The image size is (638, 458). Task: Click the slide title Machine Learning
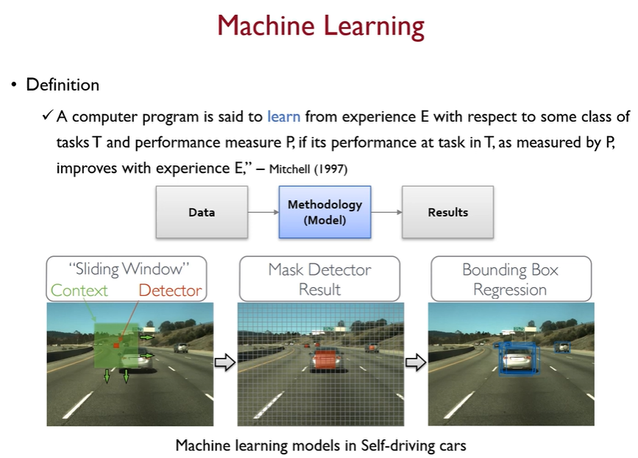320,27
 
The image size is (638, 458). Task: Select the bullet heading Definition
63,85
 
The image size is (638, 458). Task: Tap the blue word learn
283,116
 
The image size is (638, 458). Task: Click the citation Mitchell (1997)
308,169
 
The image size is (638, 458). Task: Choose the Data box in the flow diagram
201,212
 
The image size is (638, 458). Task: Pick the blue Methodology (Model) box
325,212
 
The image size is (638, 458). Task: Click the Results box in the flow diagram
447,212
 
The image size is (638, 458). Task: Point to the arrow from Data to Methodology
263,212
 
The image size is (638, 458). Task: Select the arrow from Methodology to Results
386,212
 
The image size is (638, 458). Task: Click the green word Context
79,290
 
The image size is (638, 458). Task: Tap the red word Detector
170,290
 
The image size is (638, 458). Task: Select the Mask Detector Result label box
319,279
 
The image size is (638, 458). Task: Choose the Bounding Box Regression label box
510,279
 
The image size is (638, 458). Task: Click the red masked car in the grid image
325,361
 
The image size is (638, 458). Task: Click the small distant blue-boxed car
562,347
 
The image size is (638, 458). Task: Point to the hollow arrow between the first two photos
224,362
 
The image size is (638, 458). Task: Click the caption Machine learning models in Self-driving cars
320,445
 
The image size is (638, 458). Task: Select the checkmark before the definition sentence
47,116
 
